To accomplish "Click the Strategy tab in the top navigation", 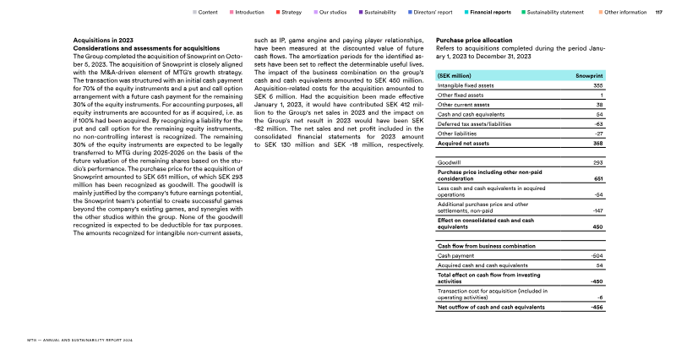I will coord(292,13).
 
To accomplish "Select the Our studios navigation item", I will coord(338,13).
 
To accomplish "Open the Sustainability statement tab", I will coord(559,13).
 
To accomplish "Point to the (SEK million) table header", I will coord(455,76).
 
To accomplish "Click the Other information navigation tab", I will coord(626,13).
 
